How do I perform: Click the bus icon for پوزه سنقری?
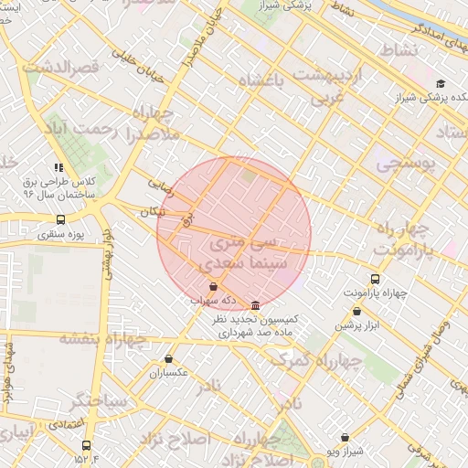click(60, 219)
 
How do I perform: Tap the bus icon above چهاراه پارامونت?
click(375, 278)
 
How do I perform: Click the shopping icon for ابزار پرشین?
click(356, 311)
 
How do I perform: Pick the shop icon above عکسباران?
click(168, 359)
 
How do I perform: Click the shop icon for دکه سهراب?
click(213, 287)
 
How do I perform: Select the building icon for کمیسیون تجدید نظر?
click(254, 304)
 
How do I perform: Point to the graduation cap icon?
click(441, 83)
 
